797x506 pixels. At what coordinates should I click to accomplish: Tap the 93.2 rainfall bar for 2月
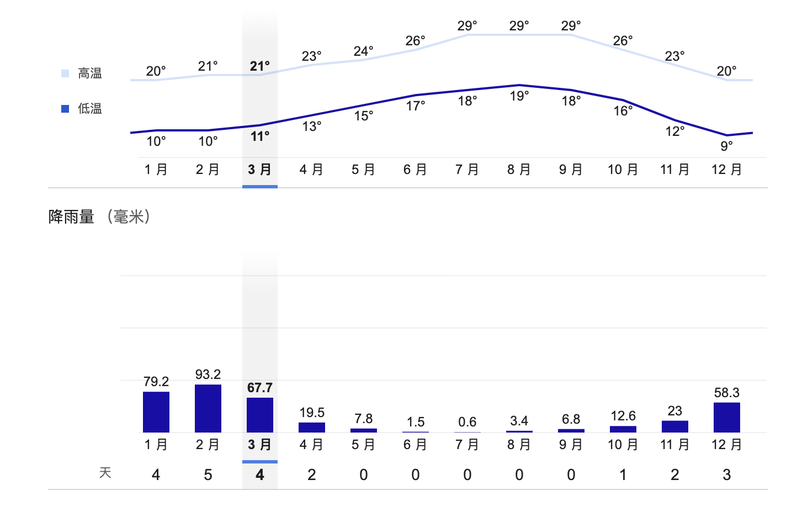[208, 408]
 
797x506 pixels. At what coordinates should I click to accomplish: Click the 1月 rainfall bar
[156, 412]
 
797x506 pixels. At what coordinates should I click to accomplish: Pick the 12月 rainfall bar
[726, 417]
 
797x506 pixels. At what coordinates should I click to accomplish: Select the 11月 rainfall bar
[674, 426]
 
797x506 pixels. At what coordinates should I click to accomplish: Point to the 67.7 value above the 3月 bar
[260, 388]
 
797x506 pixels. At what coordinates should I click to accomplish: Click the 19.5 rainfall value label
[312, 413]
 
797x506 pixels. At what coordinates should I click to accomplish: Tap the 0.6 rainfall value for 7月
[467, 422]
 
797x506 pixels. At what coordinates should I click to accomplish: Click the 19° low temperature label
[519, 96]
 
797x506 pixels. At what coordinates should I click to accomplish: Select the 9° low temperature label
[726, 146]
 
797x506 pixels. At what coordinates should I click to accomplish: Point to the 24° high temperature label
[364, 51]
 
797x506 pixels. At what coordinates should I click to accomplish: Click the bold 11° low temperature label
[260, 136]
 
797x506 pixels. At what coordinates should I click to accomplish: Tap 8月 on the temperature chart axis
[519, 170]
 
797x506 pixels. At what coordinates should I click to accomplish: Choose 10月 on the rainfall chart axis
[623, 445]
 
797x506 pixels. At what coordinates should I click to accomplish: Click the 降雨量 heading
[72, 217]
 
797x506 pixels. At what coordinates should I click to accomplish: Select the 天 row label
[105, 473]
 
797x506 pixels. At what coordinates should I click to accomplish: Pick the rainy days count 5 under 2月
[208, 475]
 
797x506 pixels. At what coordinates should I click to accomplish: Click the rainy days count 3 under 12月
[726, 475]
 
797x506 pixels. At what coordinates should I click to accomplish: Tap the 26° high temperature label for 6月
[416, 41]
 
